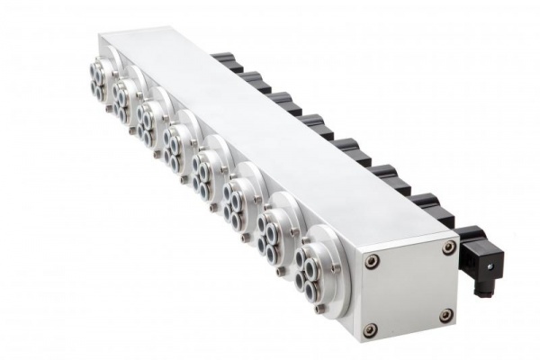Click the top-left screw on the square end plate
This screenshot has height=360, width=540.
(x=374, y=260)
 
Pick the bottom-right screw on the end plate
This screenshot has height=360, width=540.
(x=445, y=314)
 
